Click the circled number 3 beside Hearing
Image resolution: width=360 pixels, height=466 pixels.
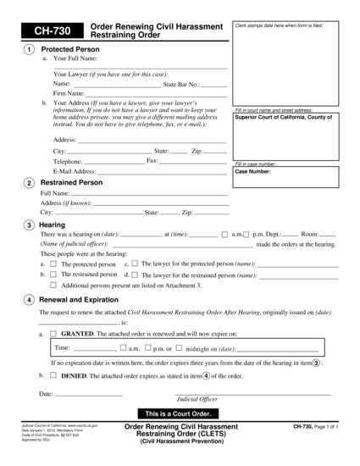pyautogui.click(x=30, y=225)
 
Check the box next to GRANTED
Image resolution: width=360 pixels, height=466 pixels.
pyautogui.click(x=53, y=335)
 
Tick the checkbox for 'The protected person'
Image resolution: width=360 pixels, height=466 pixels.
pyautogui.click(x=53, y=264)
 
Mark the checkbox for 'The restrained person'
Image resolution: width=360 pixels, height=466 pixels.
pyautogui.click(x=53, y=275)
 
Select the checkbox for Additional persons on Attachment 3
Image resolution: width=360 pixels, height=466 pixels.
pyautogui.click(x=53, y=286)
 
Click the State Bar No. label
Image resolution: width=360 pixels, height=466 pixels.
pyautogui.click(x=181, y=85)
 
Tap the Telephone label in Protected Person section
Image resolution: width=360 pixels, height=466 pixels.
pyautogui.click(x=68, y=160)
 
